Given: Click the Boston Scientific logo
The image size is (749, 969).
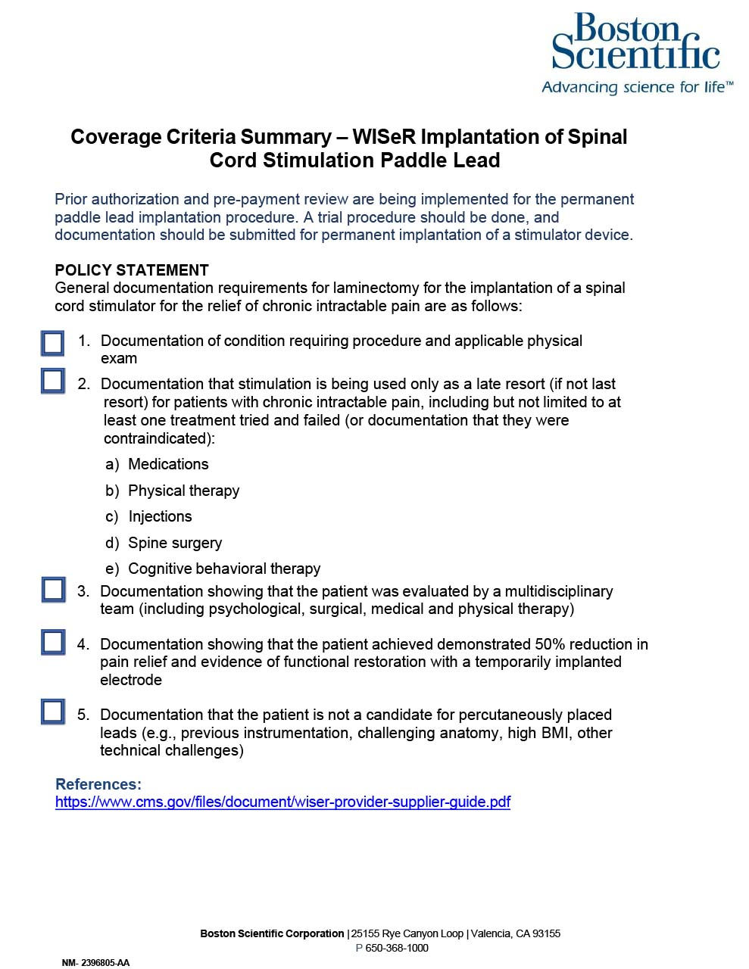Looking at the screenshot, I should coord(635,42).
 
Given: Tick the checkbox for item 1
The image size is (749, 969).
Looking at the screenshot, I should coord(52,344).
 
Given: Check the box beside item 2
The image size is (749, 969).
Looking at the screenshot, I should coord(52,380).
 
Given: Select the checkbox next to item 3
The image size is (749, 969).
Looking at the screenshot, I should coord(53,589).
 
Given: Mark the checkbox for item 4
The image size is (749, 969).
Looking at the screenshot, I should coord(53,642).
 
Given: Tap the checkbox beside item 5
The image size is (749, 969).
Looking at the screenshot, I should coord(53,712).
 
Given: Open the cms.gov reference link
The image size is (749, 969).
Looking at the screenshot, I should coord(282,802).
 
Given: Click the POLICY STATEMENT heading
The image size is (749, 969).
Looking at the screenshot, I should coord(132,270).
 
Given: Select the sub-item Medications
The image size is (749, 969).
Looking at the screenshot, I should coord(168,464).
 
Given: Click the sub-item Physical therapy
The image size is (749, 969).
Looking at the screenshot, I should coord(183,491).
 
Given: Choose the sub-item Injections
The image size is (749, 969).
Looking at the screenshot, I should coord(160,516).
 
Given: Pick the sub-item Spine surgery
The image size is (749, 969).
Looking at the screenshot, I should coord(175,543).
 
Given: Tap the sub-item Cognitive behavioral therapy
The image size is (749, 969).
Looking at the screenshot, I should coord(224,569).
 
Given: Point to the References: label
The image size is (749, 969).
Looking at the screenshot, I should coord(98,784).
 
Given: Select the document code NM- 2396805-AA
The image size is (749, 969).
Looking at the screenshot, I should coord(95,963).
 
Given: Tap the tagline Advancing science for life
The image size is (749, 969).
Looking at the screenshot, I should coord(637,87).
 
